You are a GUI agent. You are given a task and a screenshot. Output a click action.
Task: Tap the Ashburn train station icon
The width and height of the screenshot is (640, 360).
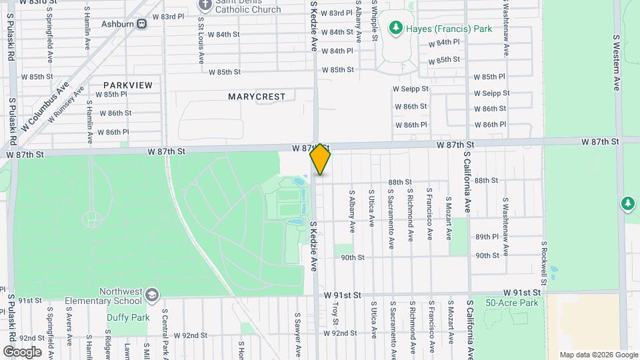[142, 24]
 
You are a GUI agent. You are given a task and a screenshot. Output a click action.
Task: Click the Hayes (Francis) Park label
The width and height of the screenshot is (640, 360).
[450, 29]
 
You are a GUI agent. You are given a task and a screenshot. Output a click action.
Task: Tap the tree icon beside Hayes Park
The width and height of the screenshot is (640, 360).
[397, 27]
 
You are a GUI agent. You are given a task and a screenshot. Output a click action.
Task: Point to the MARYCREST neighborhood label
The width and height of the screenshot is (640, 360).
[257, 97]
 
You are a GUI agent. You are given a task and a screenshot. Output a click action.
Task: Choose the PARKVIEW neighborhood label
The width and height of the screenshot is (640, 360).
[128, 85]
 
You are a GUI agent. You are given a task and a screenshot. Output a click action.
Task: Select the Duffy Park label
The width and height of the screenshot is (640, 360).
[128, 317]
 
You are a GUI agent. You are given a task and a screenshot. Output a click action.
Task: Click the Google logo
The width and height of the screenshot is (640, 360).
[22, 351]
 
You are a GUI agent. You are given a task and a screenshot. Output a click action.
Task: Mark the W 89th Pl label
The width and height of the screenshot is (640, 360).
[487, 237]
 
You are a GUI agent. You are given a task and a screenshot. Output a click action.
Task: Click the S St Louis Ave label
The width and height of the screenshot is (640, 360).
[201, 40]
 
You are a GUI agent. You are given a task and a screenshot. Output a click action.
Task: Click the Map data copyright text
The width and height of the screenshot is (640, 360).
[599, 355]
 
